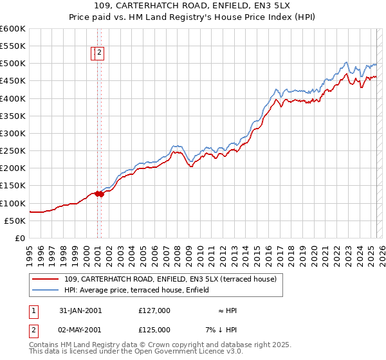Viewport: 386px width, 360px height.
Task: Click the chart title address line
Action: point(193,6)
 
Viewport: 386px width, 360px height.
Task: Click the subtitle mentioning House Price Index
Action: point(193,17)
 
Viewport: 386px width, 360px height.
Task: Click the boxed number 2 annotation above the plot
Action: point(101,54)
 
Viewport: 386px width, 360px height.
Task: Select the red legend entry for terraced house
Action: point(170,279)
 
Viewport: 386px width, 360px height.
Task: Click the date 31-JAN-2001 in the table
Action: point(80,310)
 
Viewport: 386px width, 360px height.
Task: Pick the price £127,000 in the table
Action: point(154,310)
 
